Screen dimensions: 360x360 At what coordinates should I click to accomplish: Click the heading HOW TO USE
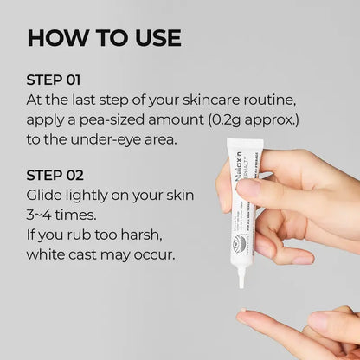point(104,37)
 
